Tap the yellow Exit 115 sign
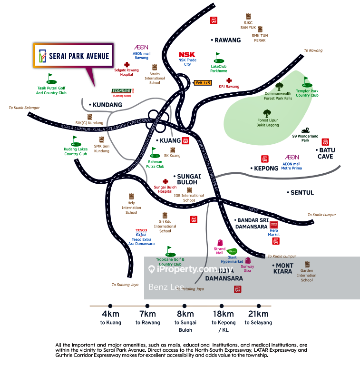click(x=202, y=83)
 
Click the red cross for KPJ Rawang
click(x=229, y=80)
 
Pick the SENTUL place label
click(x=301, y=193)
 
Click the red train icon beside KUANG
click(x=186, y=140)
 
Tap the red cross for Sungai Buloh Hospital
click(x=165, y=181)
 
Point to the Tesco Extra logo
click(x=141, y=233)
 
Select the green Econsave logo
click(x=121, y=90)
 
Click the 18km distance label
click(x=223, y=314)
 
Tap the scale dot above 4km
click(x=110, y=306)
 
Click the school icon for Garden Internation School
click(x=307, y=264)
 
